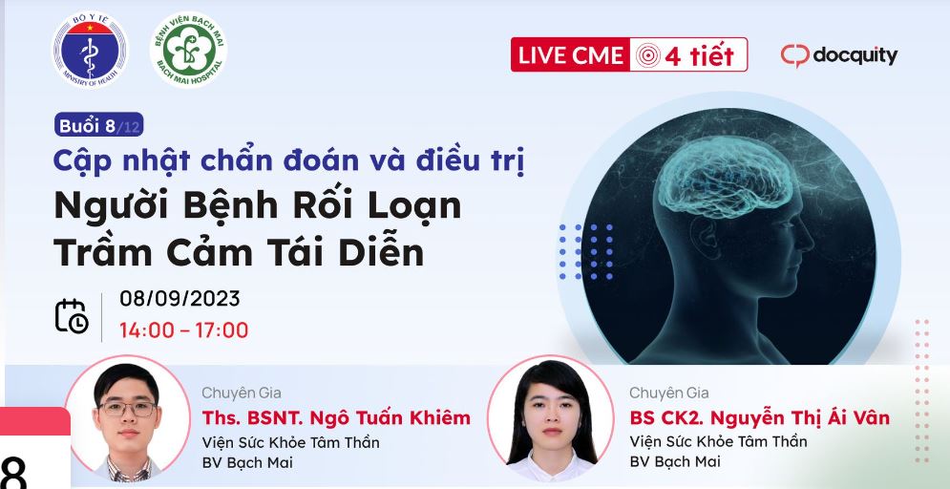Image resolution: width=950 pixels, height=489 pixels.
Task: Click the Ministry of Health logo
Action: [90, 50]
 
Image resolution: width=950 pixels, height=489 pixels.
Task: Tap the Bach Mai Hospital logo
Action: [188, 50]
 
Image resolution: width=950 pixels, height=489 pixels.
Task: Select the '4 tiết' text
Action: [699, 55]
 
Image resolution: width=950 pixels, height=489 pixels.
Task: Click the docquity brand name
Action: [855, 55]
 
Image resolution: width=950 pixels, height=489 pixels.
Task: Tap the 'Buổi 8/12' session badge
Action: [98, 125]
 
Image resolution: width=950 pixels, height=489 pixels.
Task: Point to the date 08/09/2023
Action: [179, 299]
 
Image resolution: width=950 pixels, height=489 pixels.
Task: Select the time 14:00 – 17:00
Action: [183, 330]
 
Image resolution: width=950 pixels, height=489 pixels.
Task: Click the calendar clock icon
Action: [72, 316]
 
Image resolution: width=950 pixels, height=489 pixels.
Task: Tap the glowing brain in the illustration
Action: [726, 177]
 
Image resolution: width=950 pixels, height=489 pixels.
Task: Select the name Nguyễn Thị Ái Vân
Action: [800, 417]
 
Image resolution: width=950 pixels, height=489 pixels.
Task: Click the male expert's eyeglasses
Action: [127, 409]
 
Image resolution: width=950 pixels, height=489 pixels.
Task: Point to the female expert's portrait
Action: [550, 418]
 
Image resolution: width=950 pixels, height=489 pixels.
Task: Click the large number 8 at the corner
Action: [14, 472]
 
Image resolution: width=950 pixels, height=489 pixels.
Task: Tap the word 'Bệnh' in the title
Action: [224, 206]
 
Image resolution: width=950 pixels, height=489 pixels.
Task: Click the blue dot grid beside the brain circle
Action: [586, 251]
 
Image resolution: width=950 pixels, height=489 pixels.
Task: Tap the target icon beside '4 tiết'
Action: [647, 55]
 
